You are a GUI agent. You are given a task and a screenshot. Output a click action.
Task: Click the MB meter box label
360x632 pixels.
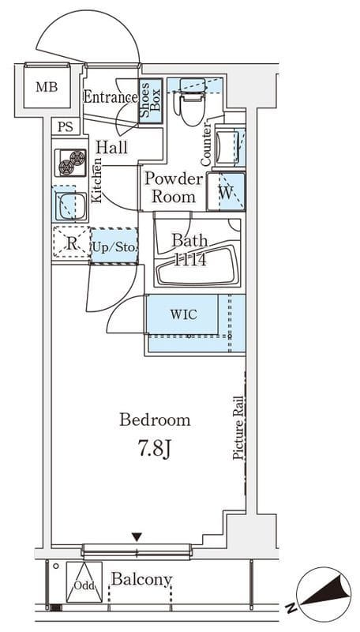(x=47, y=87)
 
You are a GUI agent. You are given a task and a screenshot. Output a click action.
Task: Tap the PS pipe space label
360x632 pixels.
(x=66, y=127)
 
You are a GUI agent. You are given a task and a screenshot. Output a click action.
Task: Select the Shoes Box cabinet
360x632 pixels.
(x=151, y=101)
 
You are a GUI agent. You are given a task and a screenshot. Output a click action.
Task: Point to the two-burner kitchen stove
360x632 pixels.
(x=70, y=163)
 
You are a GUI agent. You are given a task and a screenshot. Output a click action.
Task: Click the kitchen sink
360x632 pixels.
(x=70, y=205)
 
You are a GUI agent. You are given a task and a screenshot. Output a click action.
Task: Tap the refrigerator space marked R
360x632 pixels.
(x=71, y=243)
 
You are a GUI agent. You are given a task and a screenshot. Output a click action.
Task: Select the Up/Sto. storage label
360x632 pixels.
(x=114, y=246)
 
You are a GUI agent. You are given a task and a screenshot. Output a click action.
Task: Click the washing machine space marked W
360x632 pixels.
(x=227, y=191)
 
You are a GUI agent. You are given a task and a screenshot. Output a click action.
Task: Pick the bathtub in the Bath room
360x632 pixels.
(x=197, y=266)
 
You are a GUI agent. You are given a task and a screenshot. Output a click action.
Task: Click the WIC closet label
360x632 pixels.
(x=184, y=314)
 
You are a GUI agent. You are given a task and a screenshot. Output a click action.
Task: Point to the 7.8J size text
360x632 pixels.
(x=155, y=450)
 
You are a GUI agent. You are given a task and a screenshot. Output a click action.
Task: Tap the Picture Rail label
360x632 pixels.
(x=238, y=427)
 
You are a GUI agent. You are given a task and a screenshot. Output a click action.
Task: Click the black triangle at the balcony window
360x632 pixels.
(x=137, y=537)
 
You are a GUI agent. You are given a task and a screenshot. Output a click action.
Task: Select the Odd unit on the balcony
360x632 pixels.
(x=84, y=581)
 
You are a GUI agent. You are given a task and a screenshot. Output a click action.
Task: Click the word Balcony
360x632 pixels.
(x=142, y=580)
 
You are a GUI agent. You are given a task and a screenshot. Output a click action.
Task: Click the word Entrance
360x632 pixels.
(x=111, y=97)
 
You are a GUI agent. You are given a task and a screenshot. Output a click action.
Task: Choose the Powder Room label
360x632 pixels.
(x=174, y=187)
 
